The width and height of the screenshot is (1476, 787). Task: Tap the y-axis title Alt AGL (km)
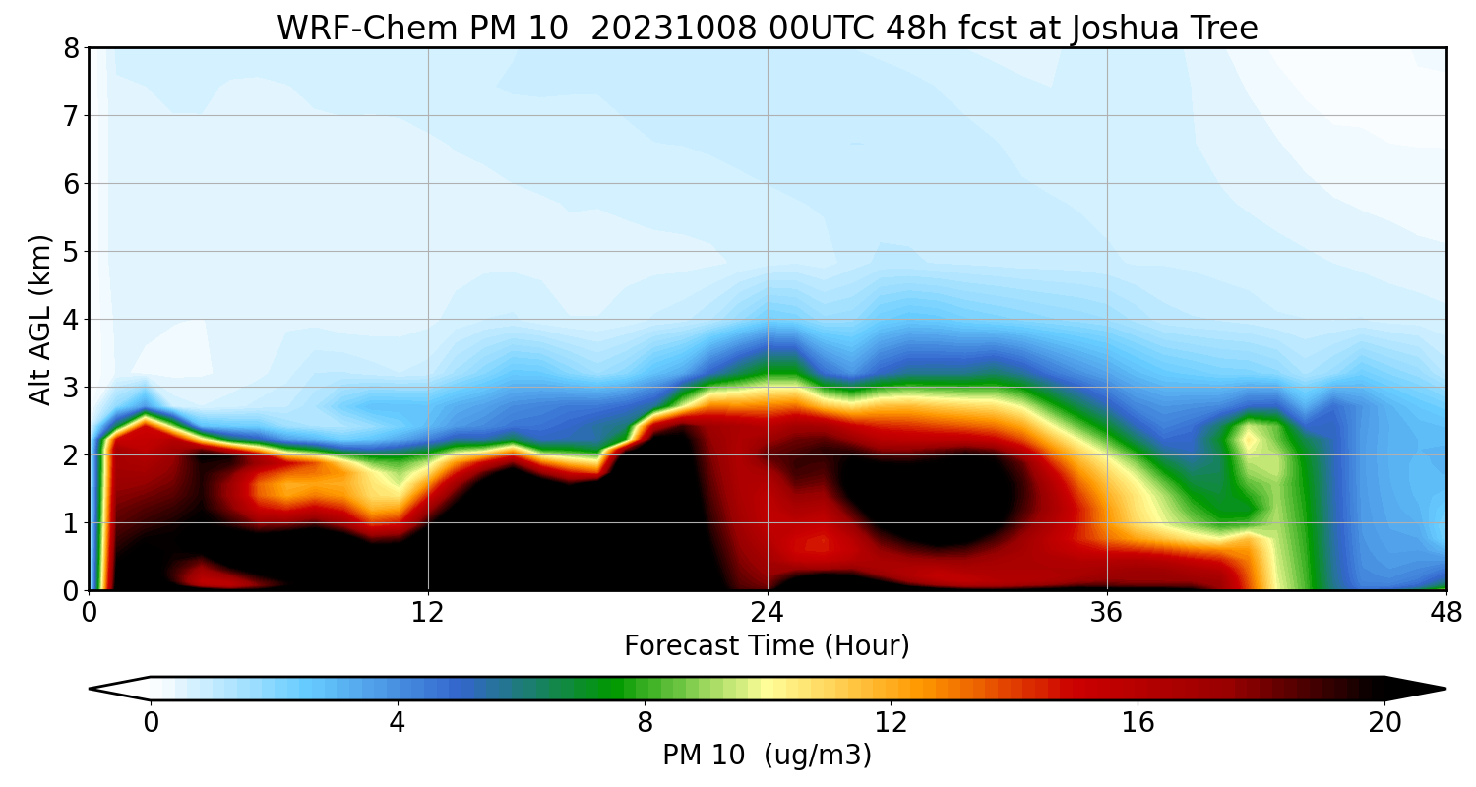point(39,319)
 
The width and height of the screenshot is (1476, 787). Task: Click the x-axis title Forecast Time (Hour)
point(767,646)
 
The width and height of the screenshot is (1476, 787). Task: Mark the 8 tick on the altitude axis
point(70,48)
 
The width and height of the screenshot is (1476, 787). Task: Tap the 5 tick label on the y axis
point(70,252)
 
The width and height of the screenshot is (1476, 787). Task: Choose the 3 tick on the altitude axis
point(70,388)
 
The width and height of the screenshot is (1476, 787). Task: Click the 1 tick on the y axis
point(70,523)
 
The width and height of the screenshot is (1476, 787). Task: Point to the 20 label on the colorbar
point(1384,723)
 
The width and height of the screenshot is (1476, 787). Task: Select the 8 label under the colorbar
point(645,723)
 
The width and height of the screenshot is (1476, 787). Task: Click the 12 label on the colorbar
point(891,723)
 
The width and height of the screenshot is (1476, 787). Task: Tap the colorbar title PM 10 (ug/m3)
point(767,756)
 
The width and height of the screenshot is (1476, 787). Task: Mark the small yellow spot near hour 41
point(1250,440)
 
